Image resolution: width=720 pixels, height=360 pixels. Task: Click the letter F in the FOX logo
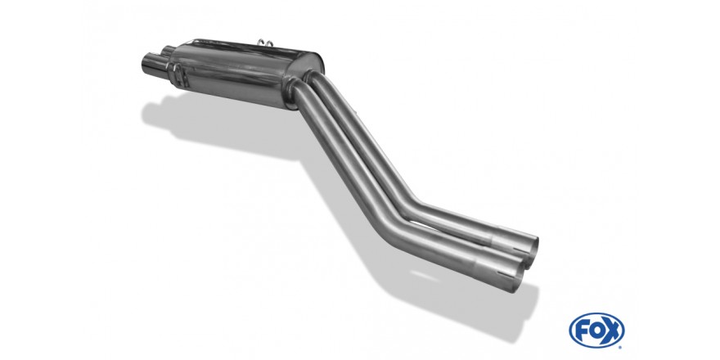click(582, 330)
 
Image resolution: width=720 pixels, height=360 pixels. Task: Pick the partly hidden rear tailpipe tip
click(168, 51)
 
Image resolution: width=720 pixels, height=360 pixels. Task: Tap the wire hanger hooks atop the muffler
click(266, 43)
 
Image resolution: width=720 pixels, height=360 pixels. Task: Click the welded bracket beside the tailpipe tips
click(178, 77)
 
